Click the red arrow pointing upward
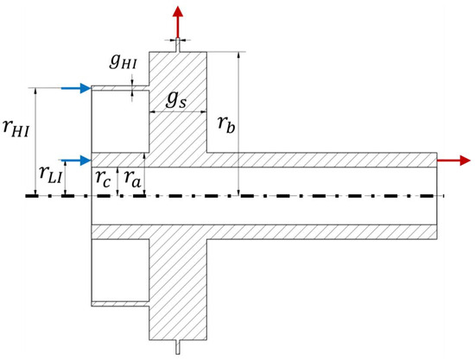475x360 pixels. (178, 22)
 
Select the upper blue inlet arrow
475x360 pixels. (76, 88)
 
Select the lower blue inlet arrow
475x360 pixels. (76, 160)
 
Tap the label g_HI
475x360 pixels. (123, 62)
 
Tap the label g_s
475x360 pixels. (176, 100)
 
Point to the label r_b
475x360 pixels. (226, 124)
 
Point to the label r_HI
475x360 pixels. (16, 129)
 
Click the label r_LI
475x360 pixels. (51, 175)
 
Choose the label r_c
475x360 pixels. (103, 179)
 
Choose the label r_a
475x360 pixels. (132, 179)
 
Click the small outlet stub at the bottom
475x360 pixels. (178, 347)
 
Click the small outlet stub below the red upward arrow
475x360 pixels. (178, 45)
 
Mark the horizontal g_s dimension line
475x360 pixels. (178, 112)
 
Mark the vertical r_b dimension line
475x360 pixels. (239, 123)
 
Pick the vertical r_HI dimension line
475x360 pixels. (36, 142)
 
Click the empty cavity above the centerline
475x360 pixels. (120, 121)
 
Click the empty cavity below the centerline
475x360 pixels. (120, 270)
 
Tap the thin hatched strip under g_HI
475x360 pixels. (120, 88)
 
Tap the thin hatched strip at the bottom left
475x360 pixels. (120, 304)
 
